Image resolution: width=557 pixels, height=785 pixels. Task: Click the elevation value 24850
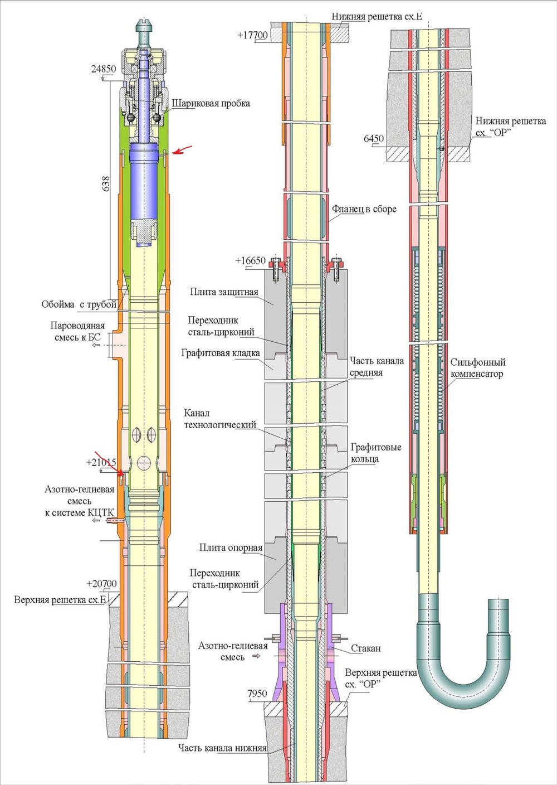(103, 69)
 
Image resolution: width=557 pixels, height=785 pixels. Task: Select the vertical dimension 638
(106, 183)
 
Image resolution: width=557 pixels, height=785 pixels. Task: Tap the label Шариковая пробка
(211, 103)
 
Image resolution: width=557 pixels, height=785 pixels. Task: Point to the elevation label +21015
(101, 462)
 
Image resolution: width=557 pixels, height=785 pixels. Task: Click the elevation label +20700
(101, 584)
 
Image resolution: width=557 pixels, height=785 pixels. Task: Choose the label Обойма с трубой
(79, 304)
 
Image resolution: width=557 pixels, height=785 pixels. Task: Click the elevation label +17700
(252, 35)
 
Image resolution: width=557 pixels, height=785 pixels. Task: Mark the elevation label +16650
(250, 261)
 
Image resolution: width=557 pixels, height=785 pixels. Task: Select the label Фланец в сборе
(364, 209)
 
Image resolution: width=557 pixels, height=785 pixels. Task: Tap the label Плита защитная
(224, 292)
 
